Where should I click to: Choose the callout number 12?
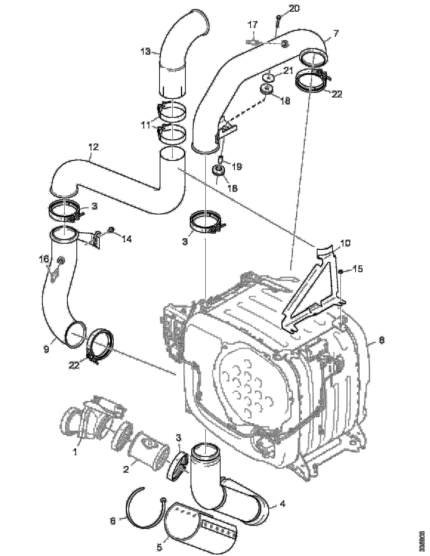93,147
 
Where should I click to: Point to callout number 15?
358,269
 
